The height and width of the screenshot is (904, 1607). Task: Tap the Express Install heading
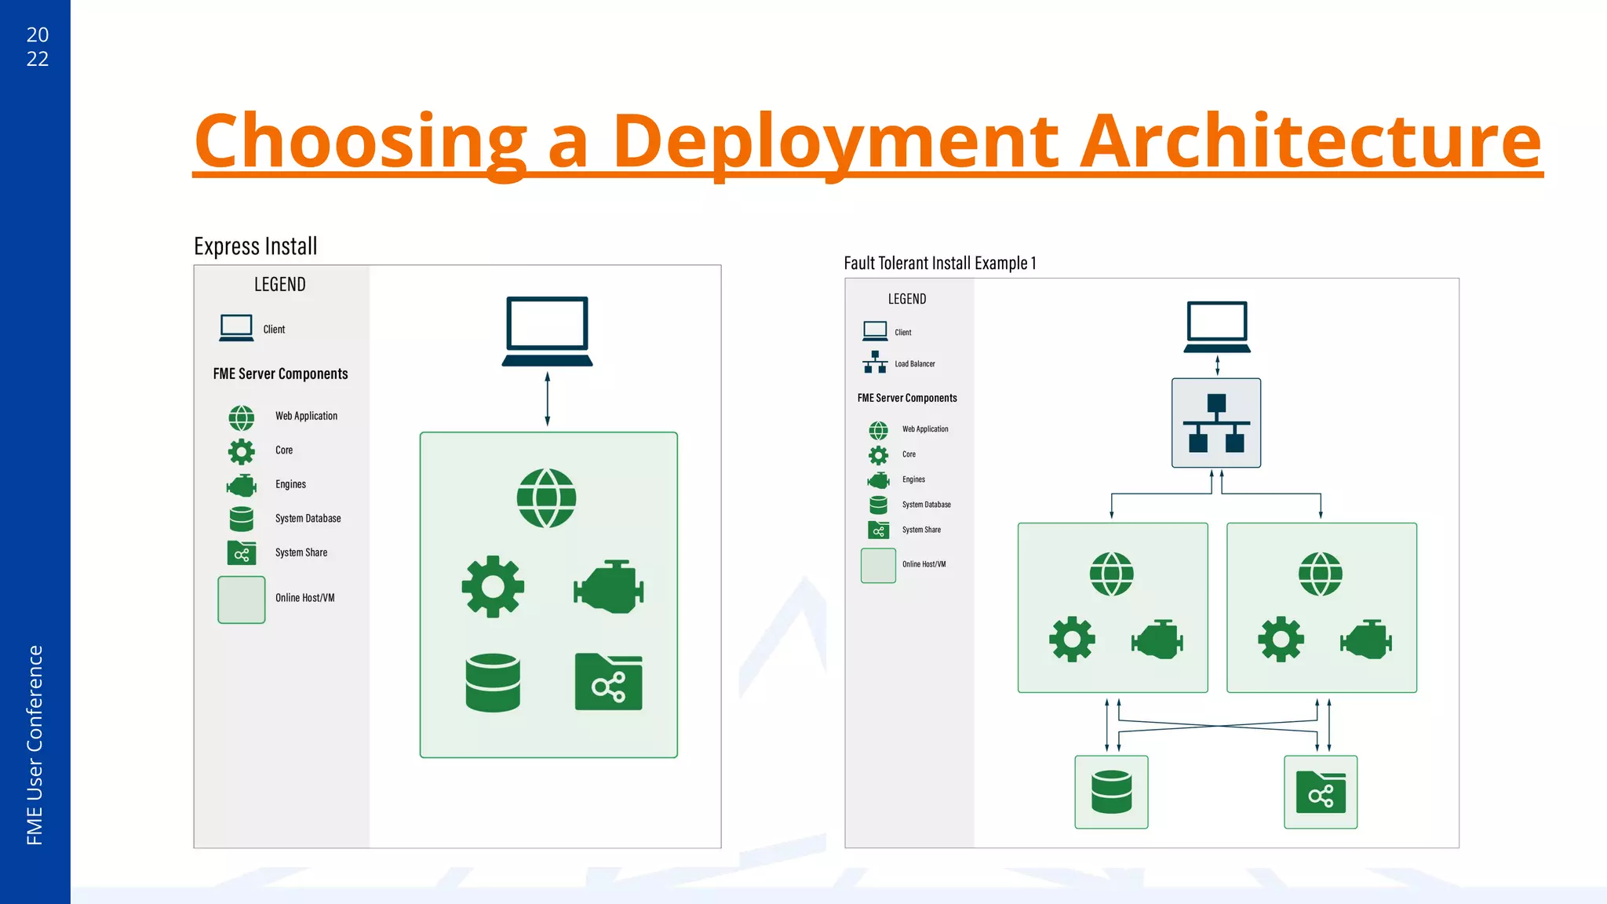point(256,246)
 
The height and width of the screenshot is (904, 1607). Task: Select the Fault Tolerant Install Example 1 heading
point(939,263)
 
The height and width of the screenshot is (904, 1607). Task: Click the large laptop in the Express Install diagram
point(547,330)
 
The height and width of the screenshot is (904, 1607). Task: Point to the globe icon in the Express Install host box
point(546,498)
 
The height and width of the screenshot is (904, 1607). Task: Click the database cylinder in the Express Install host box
point(493,683)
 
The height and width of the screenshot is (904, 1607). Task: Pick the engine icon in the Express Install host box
point(609,587)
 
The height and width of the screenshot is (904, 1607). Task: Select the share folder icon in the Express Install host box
point(609,683)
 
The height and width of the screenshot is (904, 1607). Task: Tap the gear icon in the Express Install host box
point(493,587)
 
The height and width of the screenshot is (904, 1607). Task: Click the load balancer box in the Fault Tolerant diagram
point(1216,423)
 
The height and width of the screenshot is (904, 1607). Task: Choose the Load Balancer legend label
point(915,364)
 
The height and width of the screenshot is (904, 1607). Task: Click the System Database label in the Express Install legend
point(308,519)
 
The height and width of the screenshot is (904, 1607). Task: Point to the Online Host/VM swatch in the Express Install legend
point(242,600)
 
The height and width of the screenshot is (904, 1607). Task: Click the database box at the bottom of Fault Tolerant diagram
point(1111,792)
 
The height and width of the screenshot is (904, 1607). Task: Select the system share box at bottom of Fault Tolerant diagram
point(1321,792)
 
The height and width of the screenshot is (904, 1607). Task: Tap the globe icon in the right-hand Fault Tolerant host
point(1321,574)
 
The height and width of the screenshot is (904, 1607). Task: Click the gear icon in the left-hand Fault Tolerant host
point(1072,640)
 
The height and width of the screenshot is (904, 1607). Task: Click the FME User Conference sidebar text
point(35,745)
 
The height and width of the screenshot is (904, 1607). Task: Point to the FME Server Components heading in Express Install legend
point(280,374)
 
